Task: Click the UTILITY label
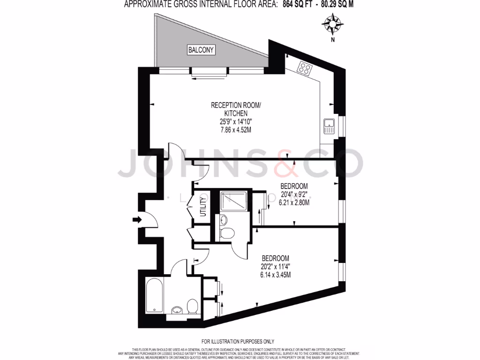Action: tap(203, 207)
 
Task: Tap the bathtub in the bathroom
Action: tap(154, 295)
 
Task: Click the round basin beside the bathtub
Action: tap(177, 310)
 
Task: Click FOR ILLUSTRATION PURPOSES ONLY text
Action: tap(238, 341)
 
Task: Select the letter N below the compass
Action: tap(332, 40)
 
